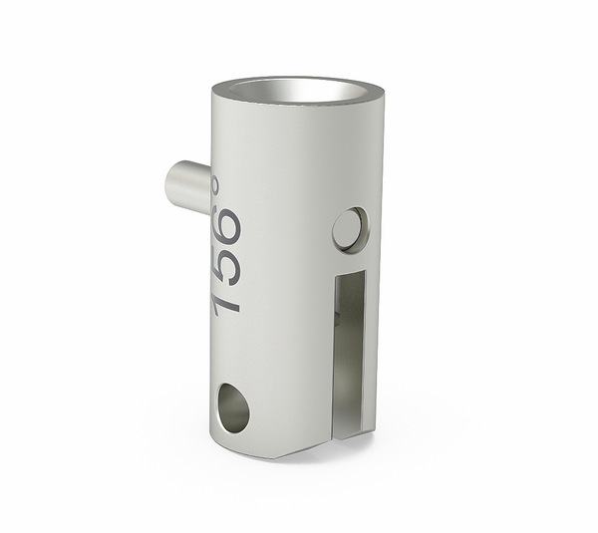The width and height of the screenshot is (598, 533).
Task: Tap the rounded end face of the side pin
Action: tap(175, 186)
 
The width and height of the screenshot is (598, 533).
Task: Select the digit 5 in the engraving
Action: tap(226, 265)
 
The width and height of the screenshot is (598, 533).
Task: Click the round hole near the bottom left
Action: tap(232, 408)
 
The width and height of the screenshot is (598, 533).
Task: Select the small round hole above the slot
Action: tap(349, 229)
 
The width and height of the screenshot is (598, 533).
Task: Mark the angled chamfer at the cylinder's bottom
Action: tap(299, 449)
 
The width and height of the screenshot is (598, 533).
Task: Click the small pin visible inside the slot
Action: tap(341, 319)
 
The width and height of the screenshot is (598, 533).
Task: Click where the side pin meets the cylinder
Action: tap(208, 189)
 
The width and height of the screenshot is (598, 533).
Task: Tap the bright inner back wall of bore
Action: tap(299, 88)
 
